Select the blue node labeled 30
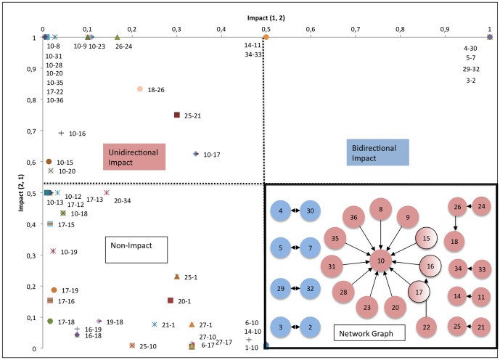click(x=311, y=211)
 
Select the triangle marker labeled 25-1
click(x=176, y=277)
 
